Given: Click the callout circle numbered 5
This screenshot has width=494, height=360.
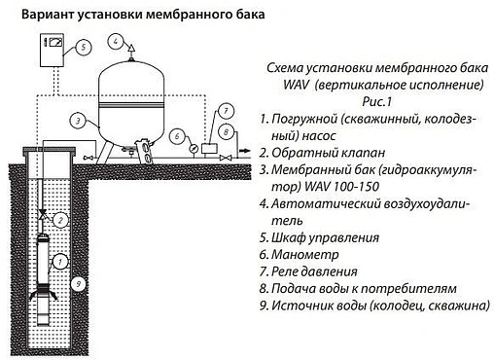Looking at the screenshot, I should point(84,46).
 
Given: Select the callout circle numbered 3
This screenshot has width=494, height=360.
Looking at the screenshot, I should point(76,121).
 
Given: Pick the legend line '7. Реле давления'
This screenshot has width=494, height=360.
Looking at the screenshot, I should point(321,271).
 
